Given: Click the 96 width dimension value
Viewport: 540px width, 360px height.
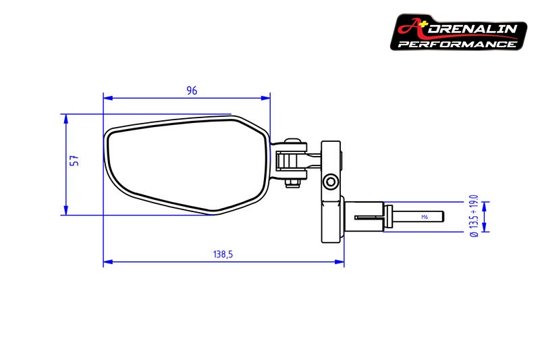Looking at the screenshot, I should coord(192,91).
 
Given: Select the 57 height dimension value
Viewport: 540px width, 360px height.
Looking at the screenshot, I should coord(75,160).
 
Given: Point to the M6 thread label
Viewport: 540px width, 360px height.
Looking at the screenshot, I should coord(424,217).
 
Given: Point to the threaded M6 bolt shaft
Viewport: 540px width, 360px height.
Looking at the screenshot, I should coord(418,217).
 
